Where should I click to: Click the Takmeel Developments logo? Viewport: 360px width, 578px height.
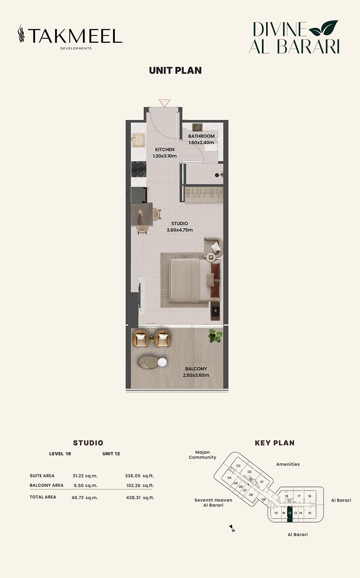71,37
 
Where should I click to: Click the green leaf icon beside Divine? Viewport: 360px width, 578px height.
323,28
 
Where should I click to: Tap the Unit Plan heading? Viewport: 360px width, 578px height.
175,71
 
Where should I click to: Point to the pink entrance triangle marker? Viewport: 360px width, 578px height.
164,103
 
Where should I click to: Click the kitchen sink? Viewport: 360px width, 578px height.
139,140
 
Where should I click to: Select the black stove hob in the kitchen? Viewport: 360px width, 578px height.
139,169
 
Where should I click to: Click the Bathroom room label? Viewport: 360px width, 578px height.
201,136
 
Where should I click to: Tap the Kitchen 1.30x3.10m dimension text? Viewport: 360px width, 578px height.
165,156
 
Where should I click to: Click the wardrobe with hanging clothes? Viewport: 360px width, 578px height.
204,193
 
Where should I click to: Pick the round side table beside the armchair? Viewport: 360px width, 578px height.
211,257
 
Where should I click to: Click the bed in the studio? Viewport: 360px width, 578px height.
195,280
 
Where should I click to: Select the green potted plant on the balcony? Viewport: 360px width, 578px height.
215,335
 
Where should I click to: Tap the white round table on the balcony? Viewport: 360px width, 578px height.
162,362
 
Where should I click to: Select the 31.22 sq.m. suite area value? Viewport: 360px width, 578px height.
85,476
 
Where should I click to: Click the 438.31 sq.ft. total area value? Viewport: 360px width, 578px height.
140,497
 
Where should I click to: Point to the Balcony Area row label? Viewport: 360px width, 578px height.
46,485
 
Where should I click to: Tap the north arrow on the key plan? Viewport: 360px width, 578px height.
232,528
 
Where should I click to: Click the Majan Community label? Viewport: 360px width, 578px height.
202,455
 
